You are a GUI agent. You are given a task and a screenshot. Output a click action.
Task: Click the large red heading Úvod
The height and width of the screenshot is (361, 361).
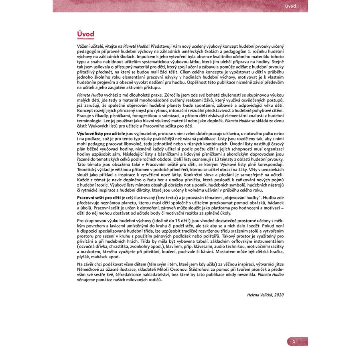click(x=85, y=34)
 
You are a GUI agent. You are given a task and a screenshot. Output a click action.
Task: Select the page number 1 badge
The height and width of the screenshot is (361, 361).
click(x=294, y=341)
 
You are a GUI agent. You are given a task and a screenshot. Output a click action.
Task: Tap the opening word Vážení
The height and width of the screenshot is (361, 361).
click(x=85, y=47)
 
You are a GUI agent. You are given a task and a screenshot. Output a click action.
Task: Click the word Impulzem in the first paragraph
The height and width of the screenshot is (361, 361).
click(x=142, y=57)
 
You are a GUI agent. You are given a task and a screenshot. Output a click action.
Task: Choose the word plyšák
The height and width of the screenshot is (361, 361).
click(x=85, y=256)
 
